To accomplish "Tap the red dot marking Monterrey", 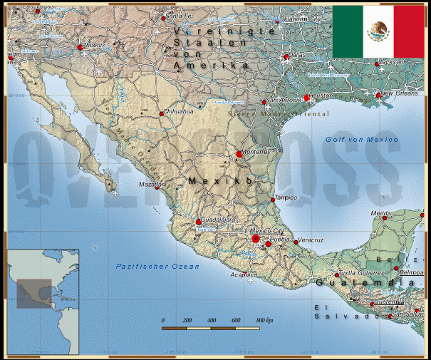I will coord(239,154).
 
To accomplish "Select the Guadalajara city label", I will coord(219,220).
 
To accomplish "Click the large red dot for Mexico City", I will coord(255,239).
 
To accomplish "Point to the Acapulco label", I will coord(243,274).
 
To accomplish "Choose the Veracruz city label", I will coord(311,240).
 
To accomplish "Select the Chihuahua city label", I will coord(180,112).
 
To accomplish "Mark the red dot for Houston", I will coord(307,98).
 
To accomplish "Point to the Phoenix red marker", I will coord(80,48).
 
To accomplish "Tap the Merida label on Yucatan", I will coord(382,213).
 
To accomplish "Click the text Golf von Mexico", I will coord(362,140).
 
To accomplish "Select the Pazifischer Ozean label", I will coord(157,266).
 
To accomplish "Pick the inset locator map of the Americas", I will coord(43,302).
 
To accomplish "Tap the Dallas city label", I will coord(296,54).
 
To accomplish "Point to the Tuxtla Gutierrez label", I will coord(362,273).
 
